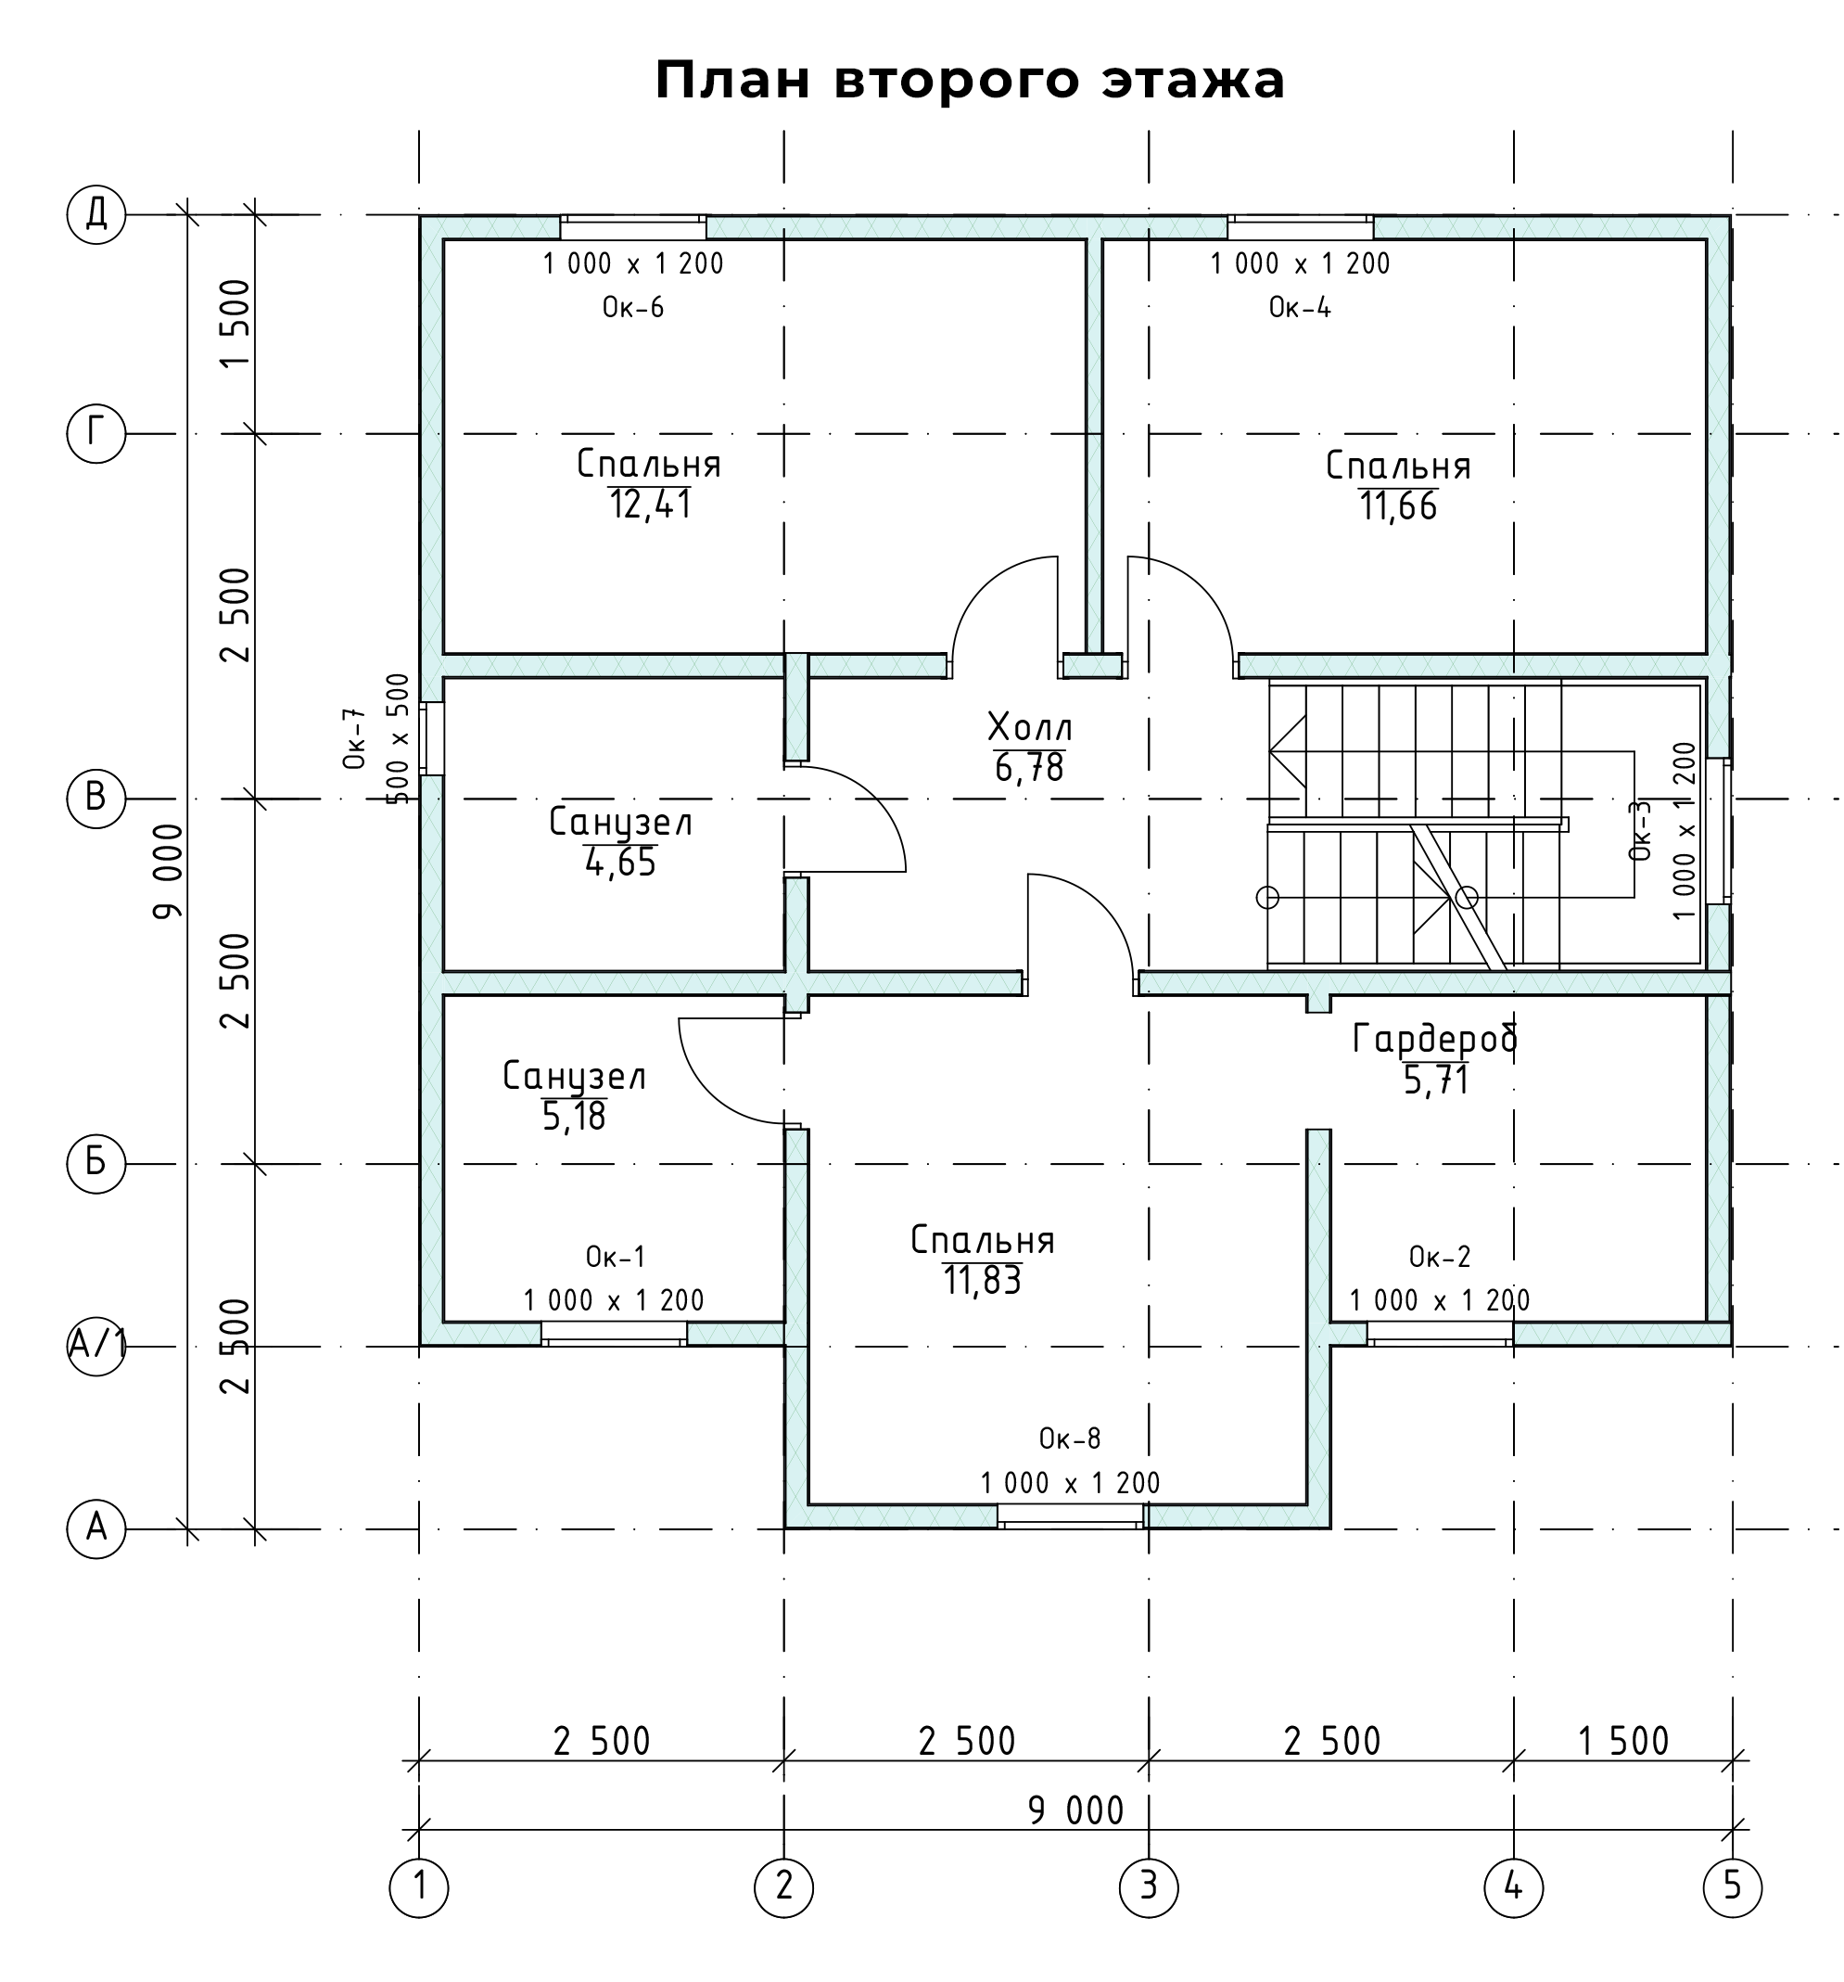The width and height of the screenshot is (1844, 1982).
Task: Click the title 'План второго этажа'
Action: coord(969,81)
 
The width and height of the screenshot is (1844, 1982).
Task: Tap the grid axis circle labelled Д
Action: coord(95,214)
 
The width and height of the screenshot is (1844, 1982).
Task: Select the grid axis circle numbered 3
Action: coord(1149,1886)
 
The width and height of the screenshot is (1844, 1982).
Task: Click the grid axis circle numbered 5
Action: coord(1733,1886)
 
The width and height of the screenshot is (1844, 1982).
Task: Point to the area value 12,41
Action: coord(651,505)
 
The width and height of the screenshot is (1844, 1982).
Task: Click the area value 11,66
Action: coord(1398,507)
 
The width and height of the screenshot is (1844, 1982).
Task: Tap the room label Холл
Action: coord(1030,728)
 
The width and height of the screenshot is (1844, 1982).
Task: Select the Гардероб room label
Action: coord(1435,1040)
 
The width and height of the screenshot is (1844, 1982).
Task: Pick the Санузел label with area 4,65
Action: coord(621,823)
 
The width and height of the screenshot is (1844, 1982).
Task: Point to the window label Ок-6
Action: coord(633,307)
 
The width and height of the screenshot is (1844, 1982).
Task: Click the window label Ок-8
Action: coord(1071,1439)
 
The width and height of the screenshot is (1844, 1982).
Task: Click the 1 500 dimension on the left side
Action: coord(235,323)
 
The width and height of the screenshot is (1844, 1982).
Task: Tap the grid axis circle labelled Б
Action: coord(95,1163)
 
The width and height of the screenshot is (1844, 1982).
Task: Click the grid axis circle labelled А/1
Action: coord(95,1347)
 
